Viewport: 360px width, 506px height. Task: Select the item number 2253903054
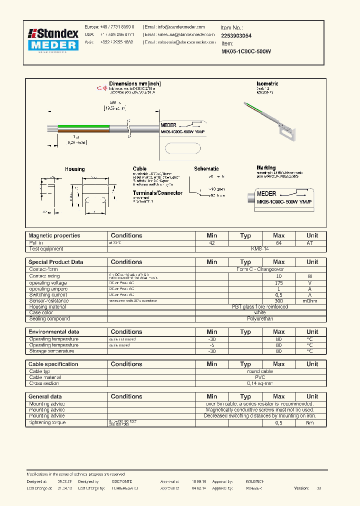pos(236,36)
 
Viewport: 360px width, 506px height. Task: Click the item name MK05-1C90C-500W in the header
pos(245,51)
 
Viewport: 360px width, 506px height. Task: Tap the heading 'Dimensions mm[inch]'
pos(134,83)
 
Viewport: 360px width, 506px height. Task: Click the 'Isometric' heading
pos(267,83)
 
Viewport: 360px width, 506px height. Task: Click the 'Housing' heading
pos(74,169)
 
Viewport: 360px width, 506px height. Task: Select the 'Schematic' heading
pos(206,169)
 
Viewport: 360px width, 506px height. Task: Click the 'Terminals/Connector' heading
pos(157,193)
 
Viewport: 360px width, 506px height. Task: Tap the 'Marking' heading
pos(266,168)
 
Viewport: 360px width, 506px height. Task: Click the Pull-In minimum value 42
pos(212,242)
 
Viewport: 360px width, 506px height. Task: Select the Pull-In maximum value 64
pos(278,242)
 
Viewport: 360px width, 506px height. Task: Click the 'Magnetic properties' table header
pos(54,235)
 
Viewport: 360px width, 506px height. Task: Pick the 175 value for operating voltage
pos(278,283)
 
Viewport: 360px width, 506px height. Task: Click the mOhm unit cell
pos(312,301)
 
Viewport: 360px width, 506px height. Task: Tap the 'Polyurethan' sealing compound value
pos(260,318)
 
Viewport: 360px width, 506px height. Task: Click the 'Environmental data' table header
pos(53,332)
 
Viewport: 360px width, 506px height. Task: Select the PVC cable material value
pos(260,377)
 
